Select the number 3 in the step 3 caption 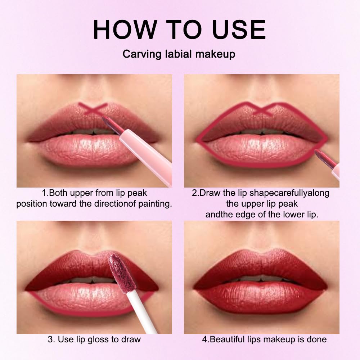click(x=50, y=339)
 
